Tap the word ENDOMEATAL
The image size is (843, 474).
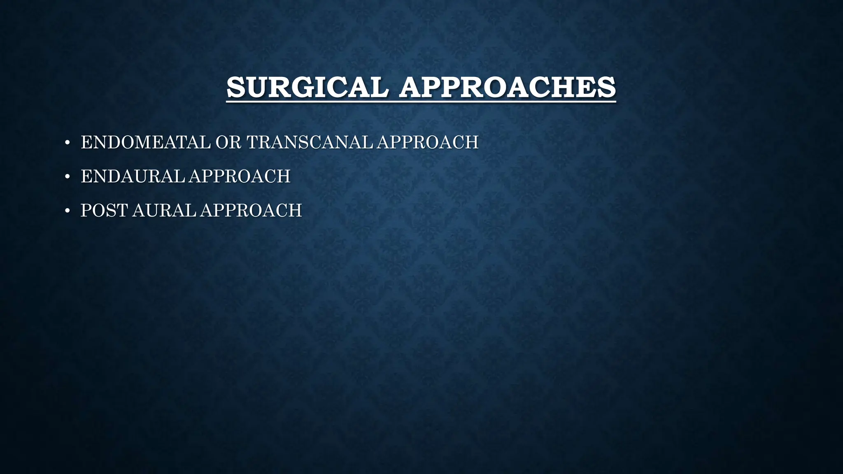click(x=145, y=142)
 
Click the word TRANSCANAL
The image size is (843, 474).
click(x=311, y=142)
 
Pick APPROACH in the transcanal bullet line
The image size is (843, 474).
click(x=428, y=142)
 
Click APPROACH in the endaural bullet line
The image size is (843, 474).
click(x=240, y=177)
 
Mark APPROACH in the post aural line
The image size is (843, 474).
click(x=251, y=211)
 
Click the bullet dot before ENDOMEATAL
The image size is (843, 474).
click(x=67, y=143)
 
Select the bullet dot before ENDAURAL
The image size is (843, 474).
click(x=67, y=177)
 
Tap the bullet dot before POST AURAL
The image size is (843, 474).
click(x=67, y=211)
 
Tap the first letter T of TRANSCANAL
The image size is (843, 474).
click(x=253, y=142)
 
